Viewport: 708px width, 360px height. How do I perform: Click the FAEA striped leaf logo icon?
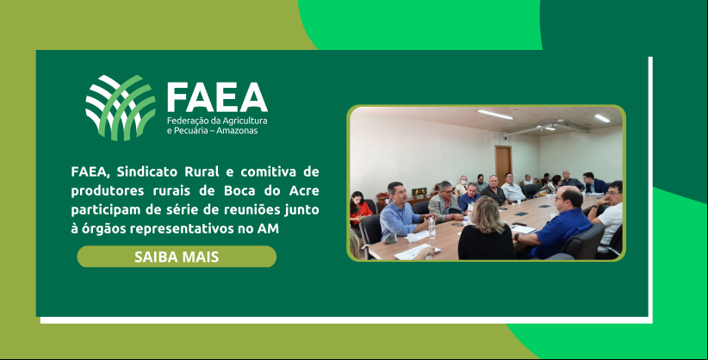pyautogui.click(x=121, y=108)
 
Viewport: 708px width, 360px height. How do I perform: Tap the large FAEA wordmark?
pyautogui.click(x=217, y=97)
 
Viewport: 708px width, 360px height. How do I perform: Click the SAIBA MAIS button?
pyautogui.click(x=177, y=257)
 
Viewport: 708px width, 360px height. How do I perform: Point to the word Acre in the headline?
pyautogui.click(x=304, y=191)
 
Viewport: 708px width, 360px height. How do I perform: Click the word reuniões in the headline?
pyautogui.click(x=255, y=210)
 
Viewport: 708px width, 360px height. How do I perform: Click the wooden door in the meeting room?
pyautogui.click(x=503, y=161)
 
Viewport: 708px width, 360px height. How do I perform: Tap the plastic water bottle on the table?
pyautogui.click(x=432, y=228)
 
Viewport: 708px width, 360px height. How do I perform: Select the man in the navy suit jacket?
pyautogui.click(x=593, y=183)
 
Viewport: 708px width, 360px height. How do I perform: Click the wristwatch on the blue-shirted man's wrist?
pyautogui.click(x=516, y=237)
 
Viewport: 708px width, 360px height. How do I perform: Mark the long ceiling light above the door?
pyautogui.click(x=495, y=115)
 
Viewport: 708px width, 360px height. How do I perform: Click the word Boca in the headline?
pyautogui.click(x=240, y=191)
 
